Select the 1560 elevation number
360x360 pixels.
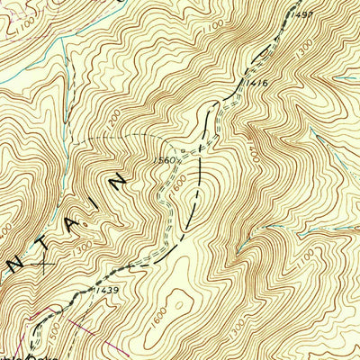(164, 160)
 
